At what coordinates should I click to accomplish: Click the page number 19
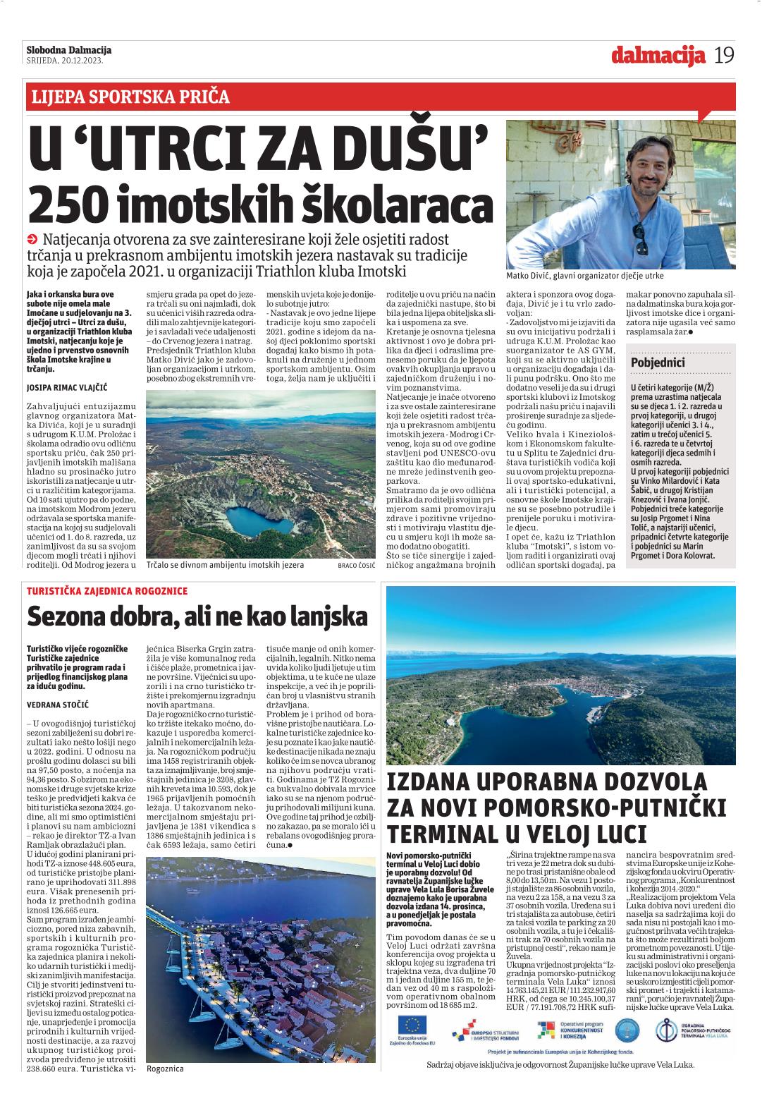pyautogui.click(x=724, y=55)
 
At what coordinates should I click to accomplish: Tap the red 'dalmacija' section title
pyautogui.click(x=658, y=55)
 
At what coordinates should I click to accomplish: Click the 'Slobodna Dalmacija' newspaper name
pyautogui.click(x=68, y=50)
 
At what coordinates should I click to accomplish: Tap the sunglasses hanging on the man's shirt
pyautogui.click(x=640, y=238)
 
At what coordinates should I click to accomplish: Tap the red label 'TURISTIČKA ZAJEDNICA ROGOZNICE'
pyautogui.click(x=107, y=591)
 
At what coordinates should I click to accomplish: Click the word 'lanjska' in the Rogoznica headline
pyautogui.click(x=328, y=617)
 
